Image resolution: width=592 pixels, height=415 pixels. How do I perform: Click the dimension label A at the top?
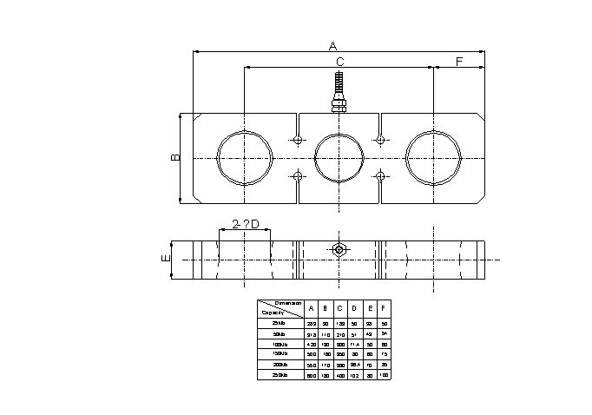pyautogui.click(x=332, y=46)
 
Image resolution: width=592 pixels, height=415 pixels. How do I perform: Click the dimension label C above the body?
pyautogui.click(x=339, y=62)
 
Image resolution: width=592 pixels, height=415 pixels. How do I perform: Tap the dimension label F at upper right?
pyautogui.click(x=459, y=62)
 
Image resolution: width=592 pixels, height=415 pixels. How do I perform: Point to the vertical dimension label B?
pyautogui.click(x=174, y=158)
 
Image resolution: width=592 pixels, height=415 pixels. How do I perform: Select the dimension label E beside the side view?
pyautogui.click(x=164, y=259)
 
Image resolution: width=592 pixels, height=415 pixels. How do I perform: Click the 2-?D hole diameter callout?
pyautogui.click(x=246, y=225)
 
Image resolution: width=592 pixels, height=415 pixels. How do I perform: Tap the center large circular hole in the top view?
pyautogui.click(x=339, y=158)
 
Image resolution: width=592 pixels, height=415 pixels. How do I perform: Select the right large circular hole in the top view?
pyautogui.click(x=432, y=158)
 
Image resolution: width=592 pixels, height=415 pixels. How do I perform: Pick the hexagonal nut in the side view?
pyautogui.click(x=339, y=250)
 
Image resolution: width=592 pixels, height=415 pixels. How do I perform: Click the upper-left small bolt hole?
pyautogui.click(x=298, y=140)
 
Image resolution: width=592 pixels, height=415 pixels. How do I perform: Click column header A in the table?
pyautogui.click(x=311, y=307)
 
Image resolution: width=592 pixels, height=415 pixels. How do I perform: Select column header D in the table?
pyautogui.click(x=354, y=307)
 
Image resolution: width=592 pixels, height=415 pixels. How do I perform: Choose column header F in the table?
pyautogui.click(x=384, y=307)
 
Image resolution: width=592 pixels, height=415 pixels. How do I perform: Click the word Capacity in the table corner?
pyautogui.click(x=273, y=312)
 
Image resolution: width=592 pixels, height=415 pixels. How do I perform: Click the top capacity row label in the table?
pyautogui.click(x=279, y=323)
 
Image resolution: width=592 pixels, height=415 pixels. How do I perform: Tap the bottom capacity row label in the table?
pyautogui.click(x=279, y=375)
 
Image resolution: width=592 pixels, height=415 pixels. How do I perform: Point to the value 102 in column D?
pyautogui.click(x=354, y=375)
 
